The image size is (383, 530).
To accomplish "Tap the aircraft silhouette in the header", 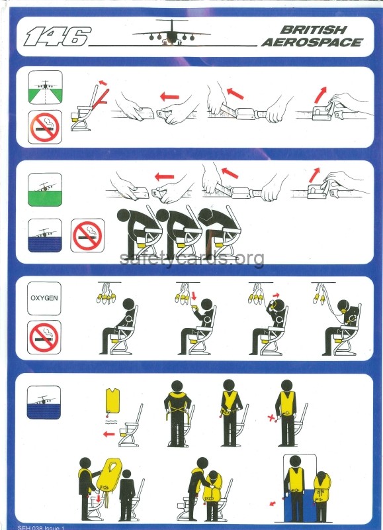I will click(171, 33).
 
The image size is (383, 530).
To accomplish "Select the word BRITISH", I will click(313, 30).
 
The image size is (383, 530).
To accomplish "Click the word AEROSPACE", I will click(312, 43).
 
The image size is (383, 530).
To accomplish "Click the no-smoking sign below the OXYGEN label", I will click(44, 337).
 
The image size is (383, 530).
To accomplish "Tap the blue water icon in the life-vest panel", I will click(44, 403).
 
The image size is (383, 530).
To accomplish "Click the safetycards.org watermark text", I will click(192, 258).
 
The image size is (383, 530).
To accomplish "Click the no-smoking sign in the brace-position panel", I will click(87, 235).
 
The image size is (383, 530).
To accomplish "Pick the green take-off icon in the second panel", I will click(45, 189).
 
